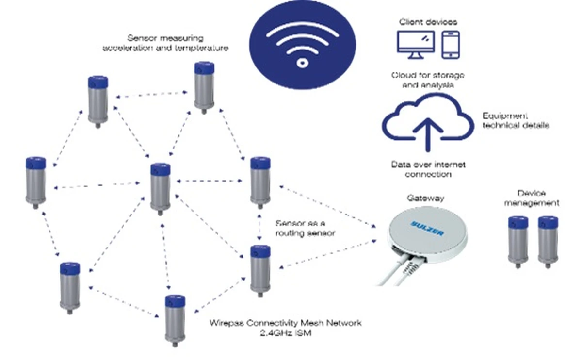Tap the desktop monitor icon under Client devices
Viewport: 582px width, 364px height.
(415, 43)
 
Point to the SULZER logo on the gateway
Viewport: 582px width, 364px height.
(427, 227)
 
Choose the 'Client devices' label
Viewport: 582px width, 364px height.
(428, 22)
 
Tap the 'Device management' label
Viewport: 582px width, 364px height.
(532, 198)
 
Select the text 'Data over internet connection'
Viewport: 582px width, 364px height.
(428, 169)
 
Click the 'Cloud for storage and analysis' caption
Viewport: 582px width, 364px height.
(427, 80)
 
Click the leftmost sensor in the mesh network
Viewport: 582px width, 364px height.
(36, 182)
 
